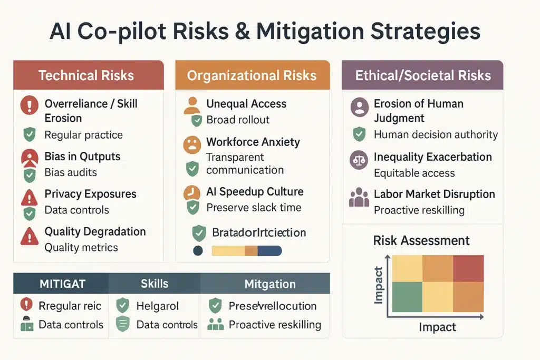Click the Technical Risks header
pyautogui.click(x=86, y=75)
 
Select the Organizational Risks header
pyautogui.click(x=252, y=75)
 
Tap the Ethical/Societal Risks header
pyautogui.click(x=422, y=75)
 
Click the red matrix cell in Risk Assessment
pyautogui.click(x=468, y=268)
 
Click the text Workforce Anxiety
pyautogui.click(x=253, y=142)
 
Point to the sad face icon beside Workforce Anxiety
pyautogui.click(x=192, y=144)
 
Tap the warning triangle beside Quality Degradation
pyautogui.click(x=28, y=236)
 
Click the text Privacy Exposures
pyautogui.click(x=90, y=194)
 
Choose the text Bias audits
pyautogui.click(x=70, y=172)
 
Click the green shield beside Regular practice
pyautogui.click(x=29, y=135)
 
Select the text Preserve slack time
pyautogui.click(x=254, y=207)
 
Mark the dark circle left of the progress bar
pyautogui.click(x=198, y=251)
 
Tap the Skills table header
pyautogui.click(x=154, y=284)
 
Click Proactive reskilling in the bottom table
pyautogui.click(x=275, y=324)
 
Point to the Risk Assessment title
pyautogui.click(x=421, y=241)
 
